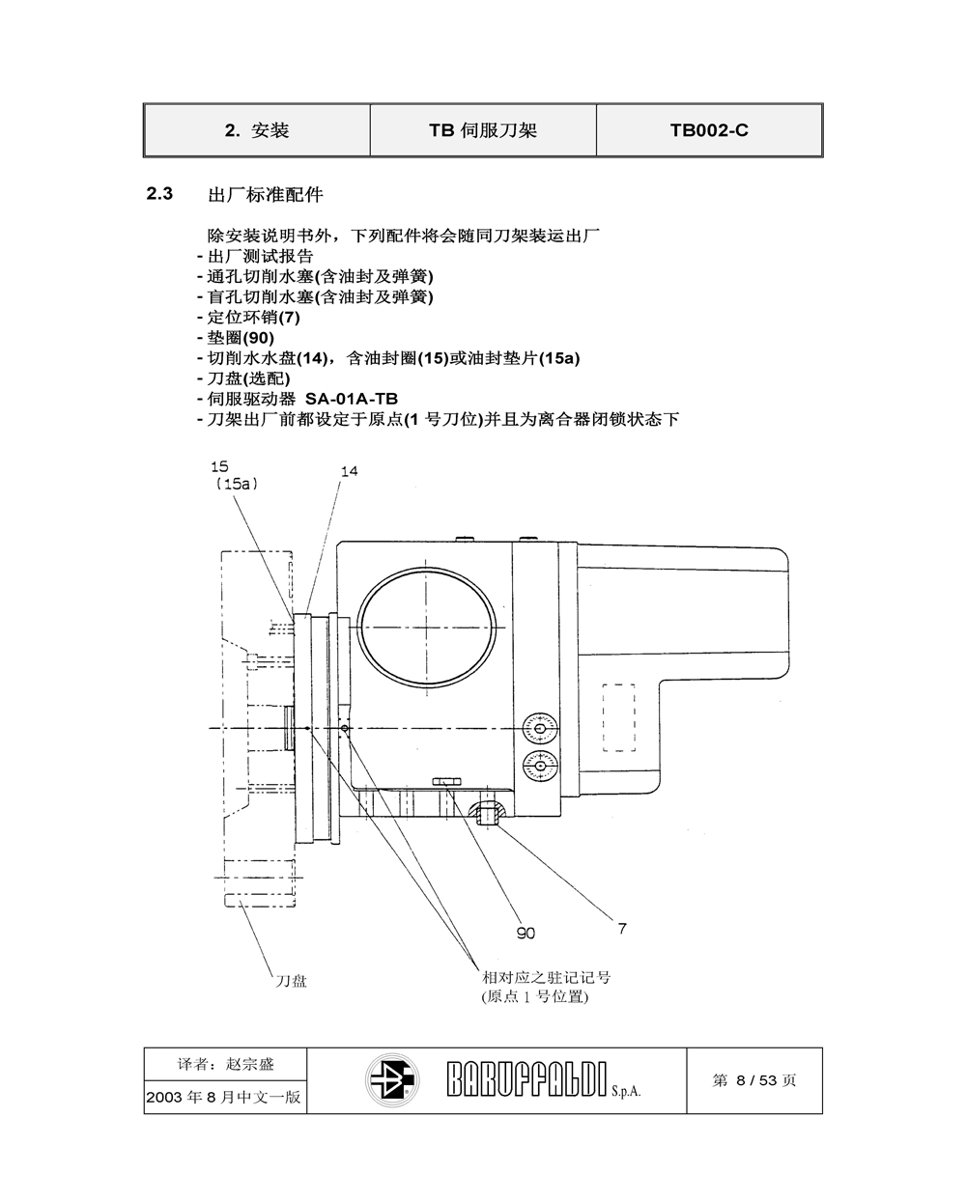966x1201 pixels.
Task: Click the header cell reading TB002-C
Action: pyautogui.click(x=709, y=130)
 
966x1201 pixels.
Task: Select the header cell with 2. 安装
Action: pyautogui.click(x=257, y=130)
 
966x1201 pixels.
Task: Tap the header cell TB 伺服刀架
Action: pyautogui.click(x=483, y=130)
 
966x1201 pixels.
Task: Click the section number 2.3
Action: pyautogui.click(x=159, y=194)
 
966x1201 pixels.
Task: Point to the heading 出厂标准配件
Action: pyautogui.click(x=266, y=195)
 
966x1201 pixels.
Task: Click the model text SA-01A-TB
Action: pyautogui.click(x=352, y=399)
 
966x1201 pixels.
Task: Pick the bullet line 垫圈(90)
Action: pyautogui.click(x=236, y=338)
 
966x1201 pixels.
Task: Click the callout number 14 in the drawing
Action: pyautogui.click(x=349, y=471)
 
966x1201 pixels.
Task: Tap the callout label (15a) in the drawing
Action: pyautogui.click(x=238, y=484)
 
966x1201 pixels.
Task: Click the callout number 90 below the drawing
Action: pyautogui.click(x=526, y=934)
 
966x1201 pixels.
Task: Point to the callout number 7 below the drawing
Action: pyautogui.click(x=622, y=929)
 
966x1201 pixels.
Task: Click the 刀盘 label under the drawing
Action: pyautogui.click(x=291, y=981)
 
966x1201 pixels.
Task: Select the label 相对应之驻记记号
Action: pyautogui.click(x=546, y=978)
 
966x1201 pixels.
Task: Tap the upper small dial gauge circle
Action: pyautogui.click(x=540, y=730)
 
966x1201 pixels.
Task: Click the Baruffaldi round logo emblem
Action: pyautogui.click(x=392, y=1080)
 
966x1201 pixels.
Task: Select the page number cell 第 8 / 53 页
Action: pyautogui.click(x=753, y=1080)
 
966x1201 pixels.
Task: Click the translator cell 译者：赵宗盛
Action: pyautogui.click(x=226, y=1064)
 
